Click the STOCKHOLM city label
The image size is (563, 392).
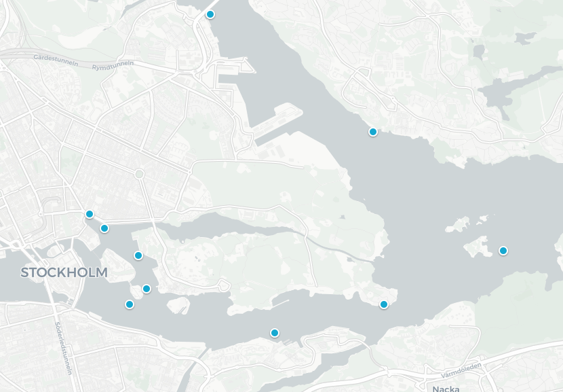point(64,273)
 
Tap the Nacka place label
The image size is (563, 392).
point(446,388)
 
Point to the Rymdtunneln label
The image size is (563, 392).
point(113,65)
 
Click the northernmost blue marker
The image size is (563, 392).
point(210,14)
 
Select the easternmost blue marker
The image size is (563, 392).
point(503,251)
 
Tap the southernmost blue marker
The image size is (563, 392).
point(275,333)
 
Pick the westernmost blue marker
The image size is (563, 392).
point(89,214)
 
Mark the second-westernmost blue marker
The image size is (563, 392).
point(104,228)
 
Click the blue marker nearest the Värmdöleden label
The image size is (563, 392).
point(384,304)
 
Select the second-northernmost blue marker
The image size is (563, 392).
point(372,132)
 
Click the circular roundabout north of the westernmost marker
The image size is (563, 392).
point(139,175)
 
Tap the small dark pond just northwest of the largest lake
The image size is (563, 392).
point(480,50)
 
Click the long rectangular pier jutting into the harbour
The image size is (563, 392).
point(278,122)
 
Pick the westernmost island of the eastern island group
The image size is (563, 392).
point(457,225)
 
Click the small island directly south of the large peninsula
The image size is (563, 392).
point(178,305)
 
